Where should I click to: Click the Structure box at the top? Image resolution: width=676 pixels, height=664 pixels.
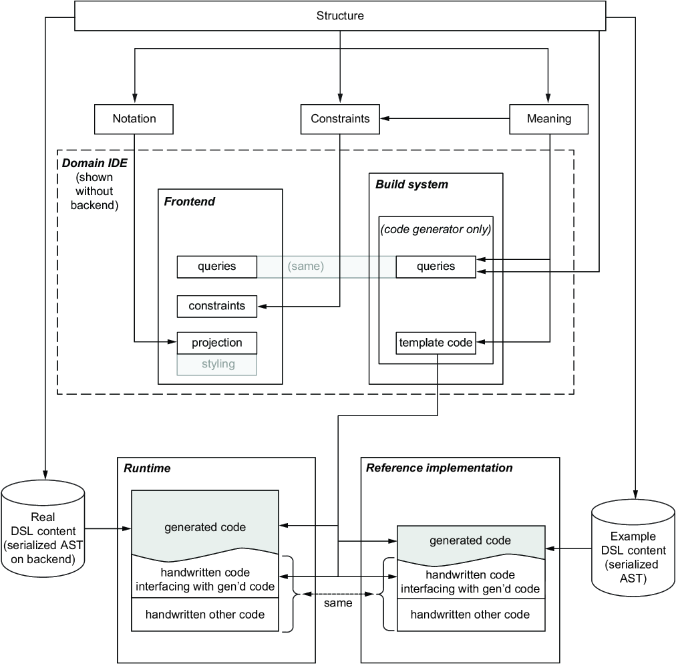340,16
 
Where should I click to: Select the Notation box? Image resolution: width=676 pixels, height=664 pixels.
134,119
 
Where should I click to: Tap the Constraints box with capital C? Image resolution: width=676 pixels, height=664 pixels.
340,119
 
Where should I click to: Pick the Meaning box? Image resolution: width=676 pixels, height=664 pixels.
549,119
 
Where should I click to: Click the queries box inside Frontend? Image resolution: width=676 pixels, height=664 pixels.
217,267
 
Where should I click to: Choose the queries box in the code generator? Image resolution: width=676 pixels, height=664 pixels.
436,267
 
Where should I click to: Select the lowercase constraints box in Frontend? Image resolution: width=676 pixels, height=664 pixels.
217,306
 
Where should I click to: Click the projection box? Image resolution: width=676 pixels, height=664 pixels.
217,343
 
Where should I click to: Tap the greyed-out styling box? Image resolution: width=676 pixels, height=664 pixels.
217,365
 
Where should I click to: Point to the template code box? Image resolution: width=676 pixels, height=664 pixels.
436,343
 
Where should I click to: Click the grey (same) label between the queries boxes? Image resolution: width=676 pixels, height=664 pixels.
306,266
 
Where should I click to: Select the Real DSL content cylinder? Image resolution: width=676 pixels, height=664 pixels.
43,530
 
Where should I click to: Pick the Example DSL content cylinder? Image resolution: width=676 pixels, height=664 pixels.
633,548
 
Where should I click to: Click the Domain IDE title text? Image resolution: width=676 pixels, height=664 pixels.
95,163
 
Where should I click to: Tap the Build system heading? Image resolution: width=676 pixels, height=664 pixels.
411,184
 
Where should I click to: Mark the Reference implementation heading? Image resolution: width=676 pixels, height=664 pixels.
440,468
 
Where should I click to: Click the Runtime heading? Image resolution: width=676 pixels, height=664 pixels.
147,468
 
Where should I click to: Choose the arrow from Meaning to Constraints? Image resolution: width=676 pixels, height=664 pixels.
445,118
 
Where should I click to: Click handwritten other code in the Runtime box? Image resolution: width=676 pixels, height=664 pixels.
205,615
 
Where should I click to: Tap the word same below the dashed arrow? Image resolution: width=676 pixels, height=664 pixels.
338,603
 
